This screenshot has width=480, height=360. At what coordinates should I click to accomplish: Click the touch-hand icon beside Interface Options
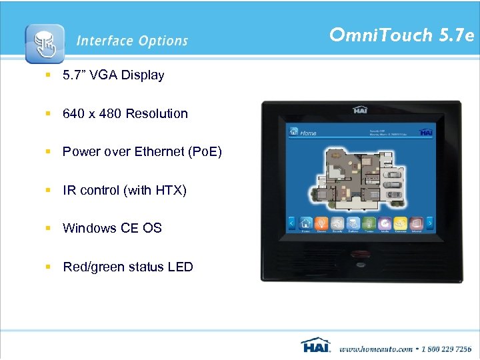tap(45, 43)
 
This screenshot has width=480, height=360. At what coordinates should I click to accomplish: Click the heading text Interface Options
tap(132, 41)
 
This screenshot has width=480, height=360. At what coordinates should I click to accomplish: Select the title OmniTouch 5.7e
tap(401, 35)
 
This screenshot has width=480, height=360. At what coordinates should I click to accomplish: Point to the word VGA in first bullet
tap(105, 75)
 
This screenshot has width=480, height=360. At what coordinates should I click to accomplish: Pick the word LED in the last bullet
tap(180, 267)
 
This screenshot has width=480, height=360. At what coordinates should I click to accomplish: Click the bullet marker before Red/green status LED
tap(48, 267)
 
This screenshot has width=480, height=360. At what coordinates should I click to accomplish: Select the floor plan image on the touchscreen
tap(359, 175)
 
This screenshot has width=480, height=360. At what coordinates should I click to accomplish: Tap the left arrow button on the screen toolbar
tap(291, 222)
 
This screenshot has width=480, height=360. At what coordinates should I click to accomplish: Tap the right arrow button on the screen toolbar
tap(430, 222)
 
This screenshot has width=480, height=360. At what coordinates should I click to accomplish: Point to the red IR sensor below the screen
tap(361, 254)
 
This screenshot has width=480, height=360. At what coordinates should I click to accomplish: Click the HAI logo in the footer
tap(316, 346)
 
